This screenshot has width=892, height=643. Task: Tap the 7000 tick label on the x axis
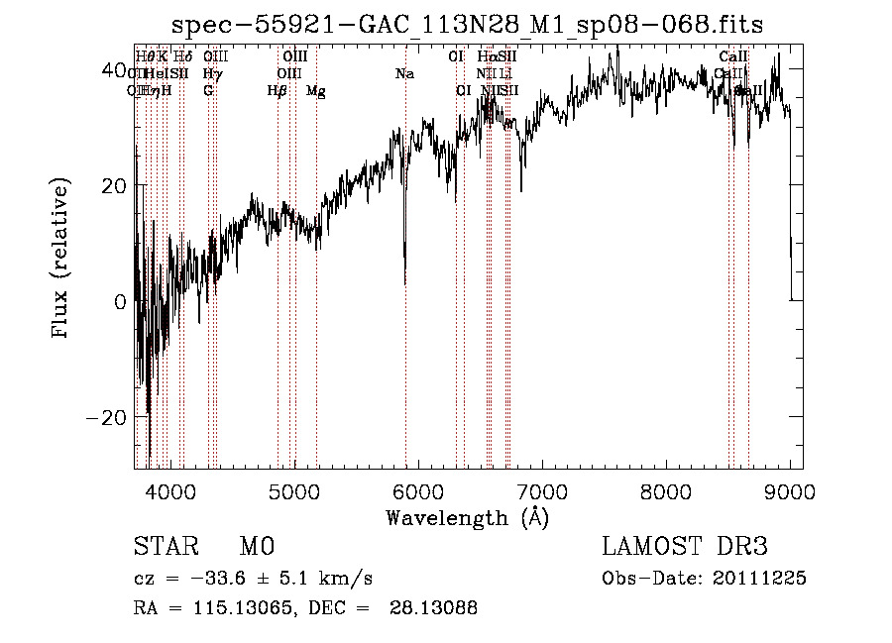point(541,490)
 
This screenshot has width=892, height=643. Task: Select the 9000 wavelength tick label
point(789,490)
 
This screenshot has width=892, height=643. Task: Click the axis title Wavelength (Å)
point(467,517)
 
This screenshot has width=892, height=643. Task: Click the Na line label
point(404,74)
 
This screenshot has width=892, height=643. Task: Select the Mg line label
point(316,91)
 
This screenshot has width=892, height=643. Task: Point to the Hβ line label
point(277,91)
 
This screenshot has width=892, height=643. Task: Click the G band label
point(208,91)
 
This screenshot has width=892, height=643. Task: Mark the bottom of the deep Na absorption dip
point(405,283)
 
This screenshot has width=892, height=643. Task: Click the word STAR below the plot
point(164,547)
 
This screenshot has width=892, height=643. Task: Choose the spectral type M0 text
point(256,547)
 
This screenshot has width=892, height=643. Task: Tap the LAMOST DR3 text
point(684,547)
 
